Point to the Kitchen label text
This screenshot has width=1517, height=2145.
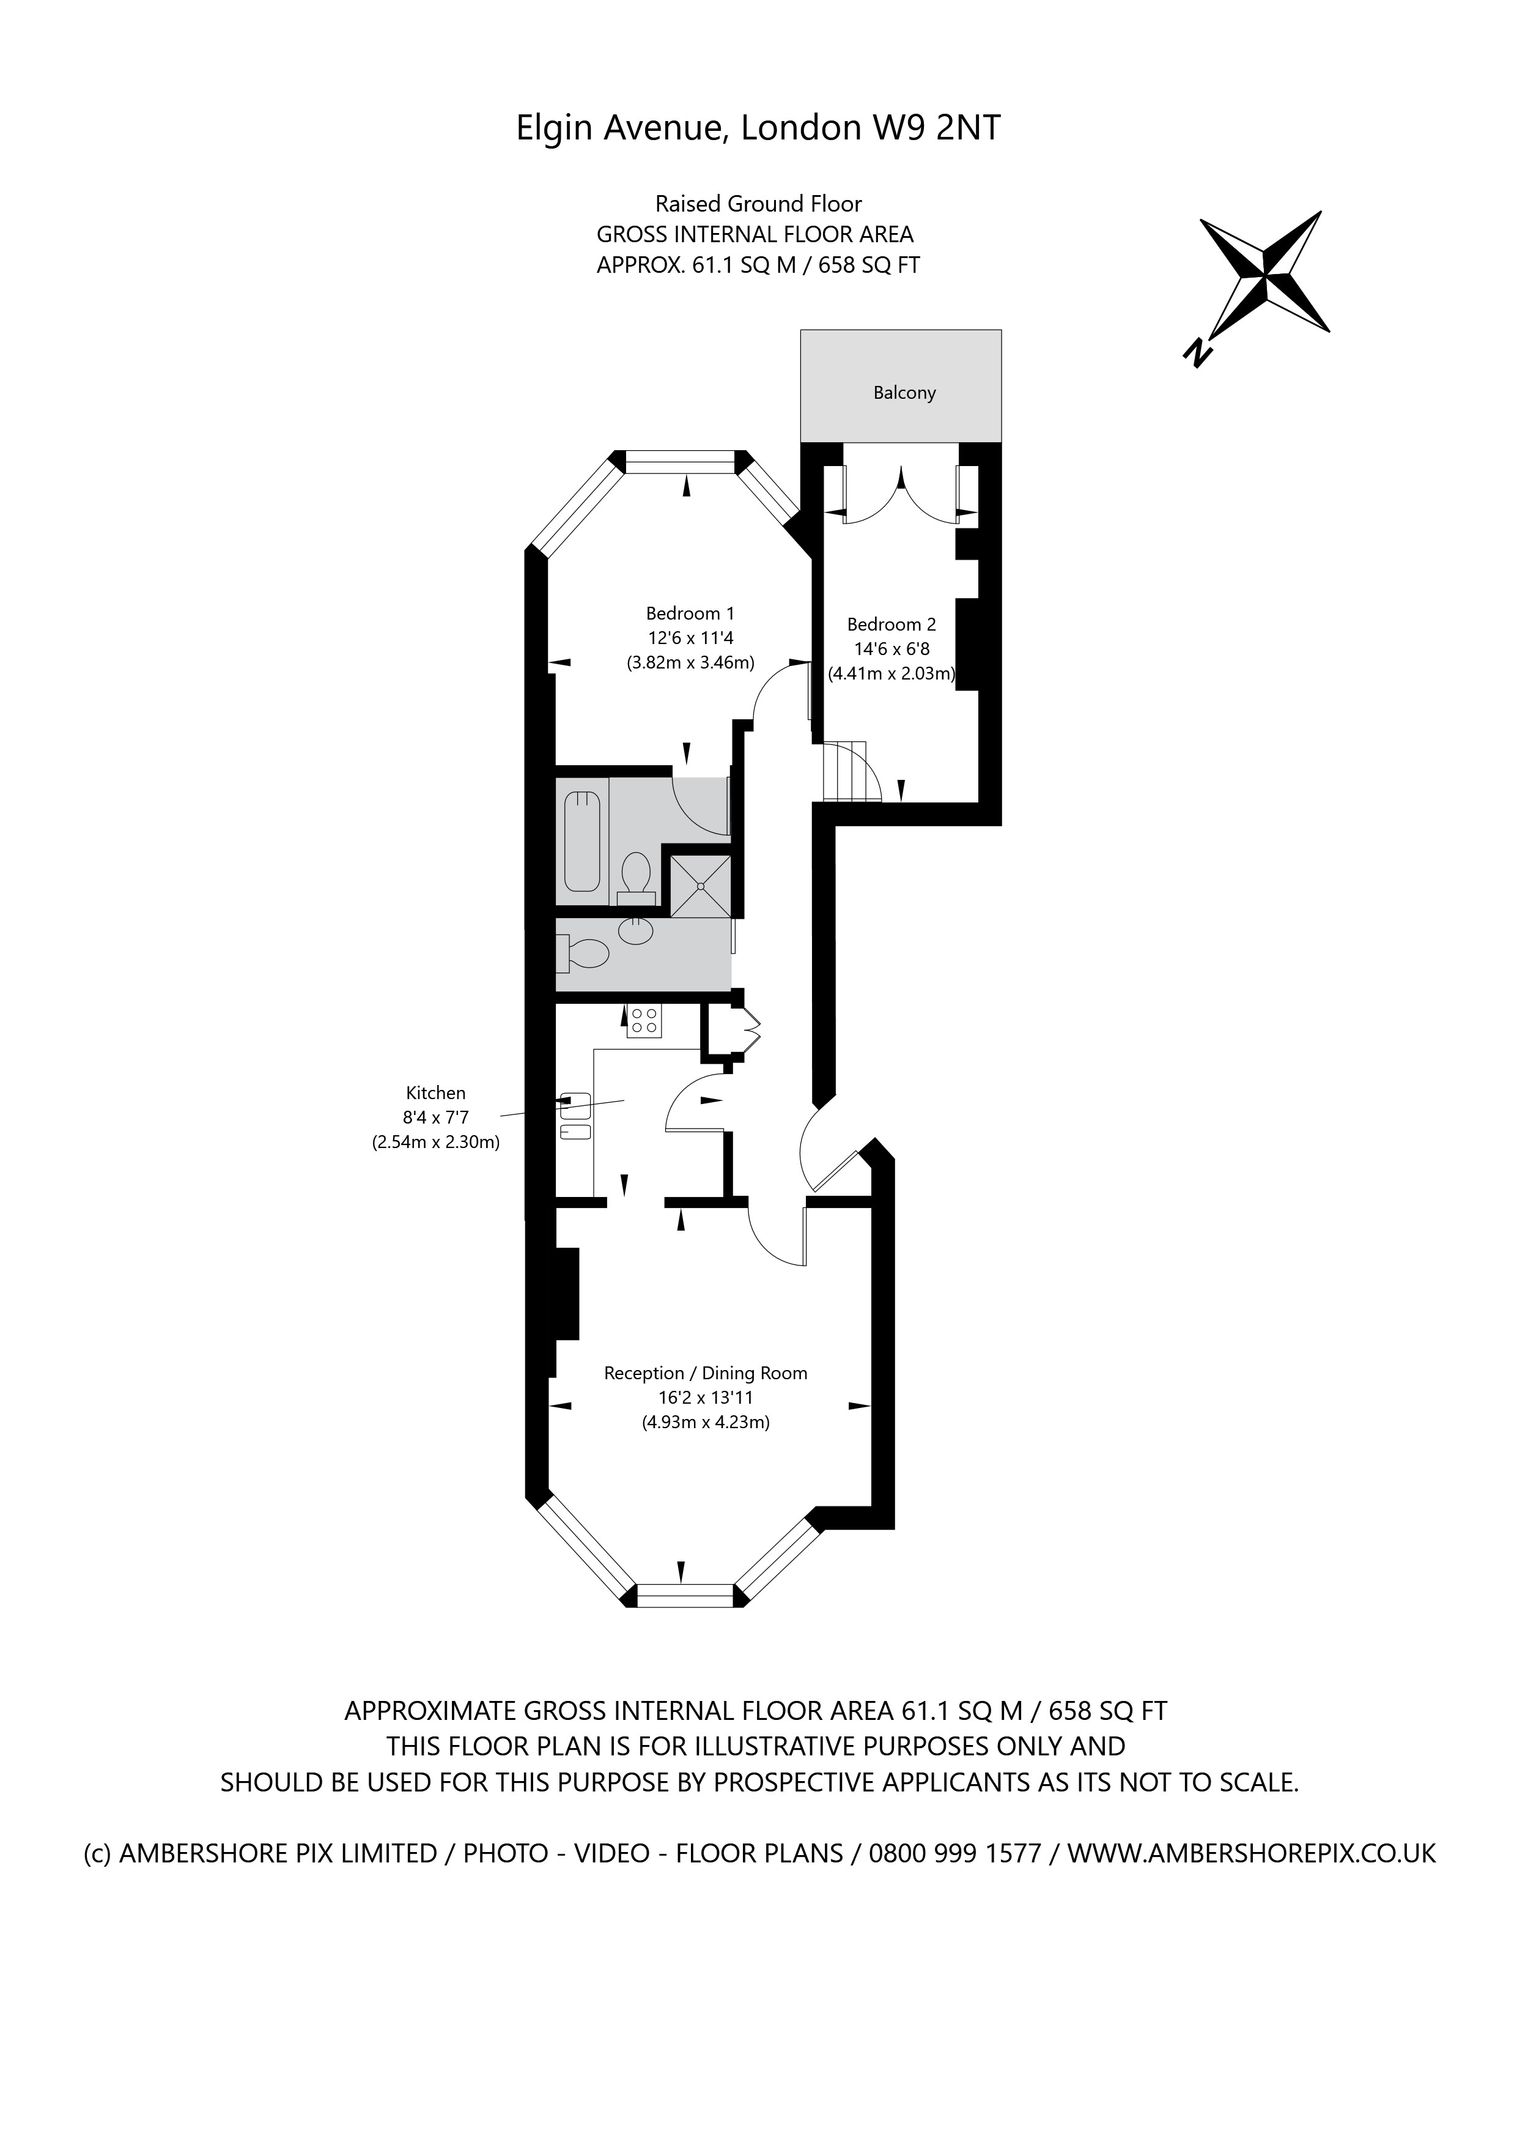(435, 1092)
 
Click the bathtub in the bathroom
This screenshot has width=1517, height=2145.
(582, 841)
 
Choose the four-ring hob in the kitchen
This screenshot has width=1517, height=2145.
(644, 1020)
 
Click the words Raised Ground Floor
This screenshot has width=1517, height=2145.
(758, 204)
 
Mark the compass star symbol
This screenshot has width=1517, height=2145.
(1266, 276)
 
